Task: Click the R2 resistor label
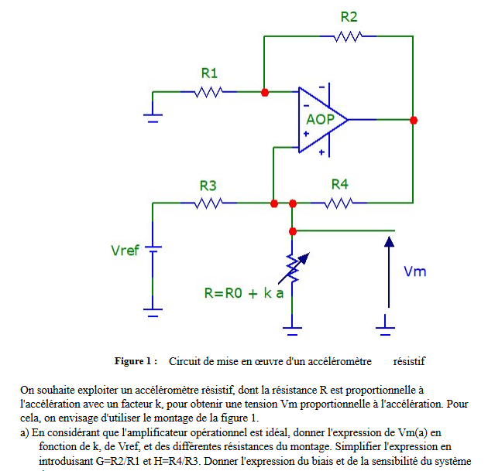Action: (x=349, y=17)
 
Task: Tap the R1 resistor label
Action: (x=209, y=73)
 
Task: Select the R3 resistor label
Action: (x=208, y=186)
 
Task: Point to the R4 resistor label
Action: (x=339, y=184)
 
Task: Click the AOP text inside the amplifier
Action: (x=320, y=120)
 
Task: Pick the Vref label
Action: (x=125, y=251)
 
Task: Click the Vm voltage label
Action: (x=415, y=271)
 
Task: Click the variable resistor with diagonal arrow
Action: (x=292, y=267)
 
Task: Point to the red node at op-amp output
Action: (x=414, y=120)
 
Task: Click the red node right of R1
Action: (x=265, y=92)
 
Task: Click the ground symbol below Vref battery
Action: (x=153, y=313)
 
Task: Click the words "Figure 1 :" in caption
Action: (x=136, y=361)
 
